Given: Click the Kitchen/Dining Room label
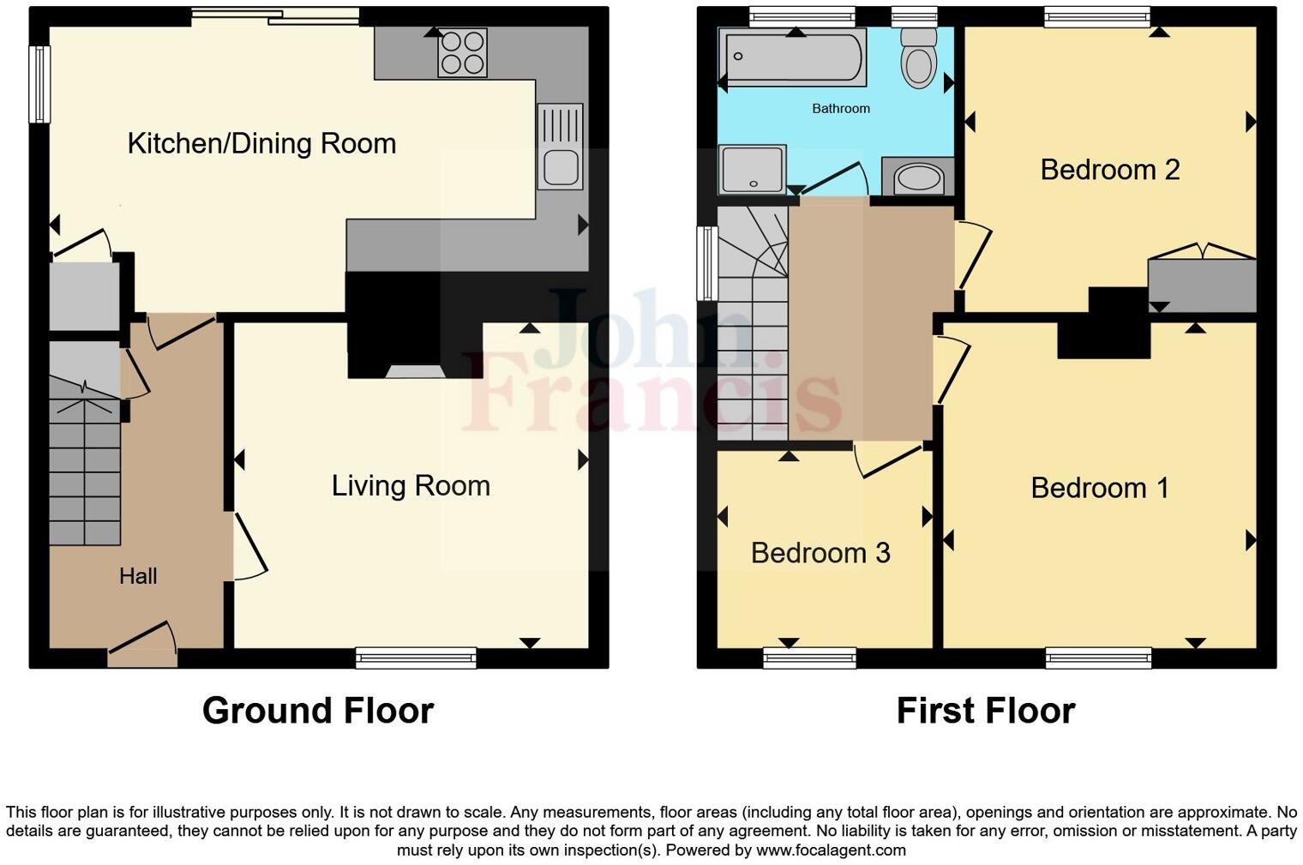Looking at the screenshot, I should (x=261, y=143).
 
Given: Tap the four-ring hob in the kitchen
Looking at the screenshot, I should (x=462, y=52).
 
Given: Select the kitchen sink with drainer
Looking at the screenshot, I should (x=560, y=147).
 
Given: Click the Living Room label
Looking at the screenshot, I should (x=411, y=486).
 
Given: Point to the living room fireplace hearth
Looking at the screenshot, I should (x=415, y=371).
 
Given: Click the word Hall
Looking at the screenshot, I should (x=138, y=576).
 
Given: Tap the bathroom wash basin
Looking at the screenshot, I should (x=917, y=178).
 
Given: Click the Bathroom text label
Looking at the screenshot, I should (x=841, y=109).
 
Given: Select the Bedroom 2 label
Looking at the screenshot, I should (x=1109, y=170).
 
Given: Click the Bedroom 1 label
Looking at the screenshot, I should (x=1099, y=488).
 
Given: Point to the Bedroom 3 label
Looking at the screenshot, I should (x=820, y=553).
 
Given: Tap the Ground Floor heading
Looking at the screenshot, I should (x=318, y=711).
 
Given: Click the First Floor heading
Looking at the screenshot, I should (x=986, y=711).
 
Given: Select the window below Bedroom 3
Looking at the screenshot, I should (x=809, y=658).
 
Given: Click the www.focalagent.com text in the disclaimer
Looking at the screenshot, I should (x=830, y=850).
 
